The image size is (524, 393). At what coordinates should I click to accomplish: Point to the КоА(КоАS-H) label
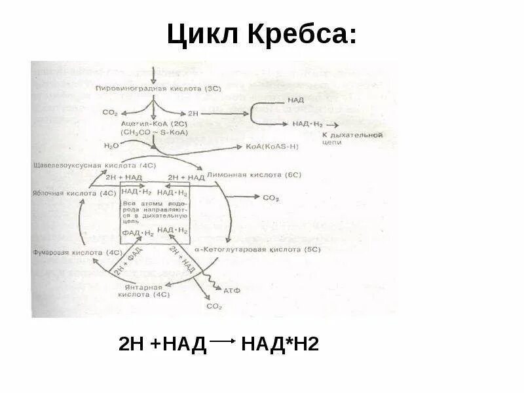click(x=271, y=147)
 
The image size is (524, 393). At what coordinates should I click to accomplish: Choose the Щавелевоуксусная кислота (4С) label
click(x=92, y=165)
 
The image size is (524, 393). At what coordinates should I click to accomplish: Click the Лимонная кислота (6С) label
click(x=253, y=176)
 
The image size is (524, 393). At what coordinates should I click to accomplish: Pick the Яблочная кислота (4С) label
click(x=74, y=193)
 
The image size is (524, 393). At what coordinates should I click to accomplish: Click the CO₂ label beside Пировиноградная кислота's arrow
click(x=109, y=112)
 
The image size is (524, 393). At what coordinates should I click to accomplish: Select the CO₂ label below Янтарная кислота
click(x=214, y=306)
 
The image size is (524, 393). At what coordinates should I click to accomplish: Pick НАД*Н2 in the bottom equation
click(x=280, y=344)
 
